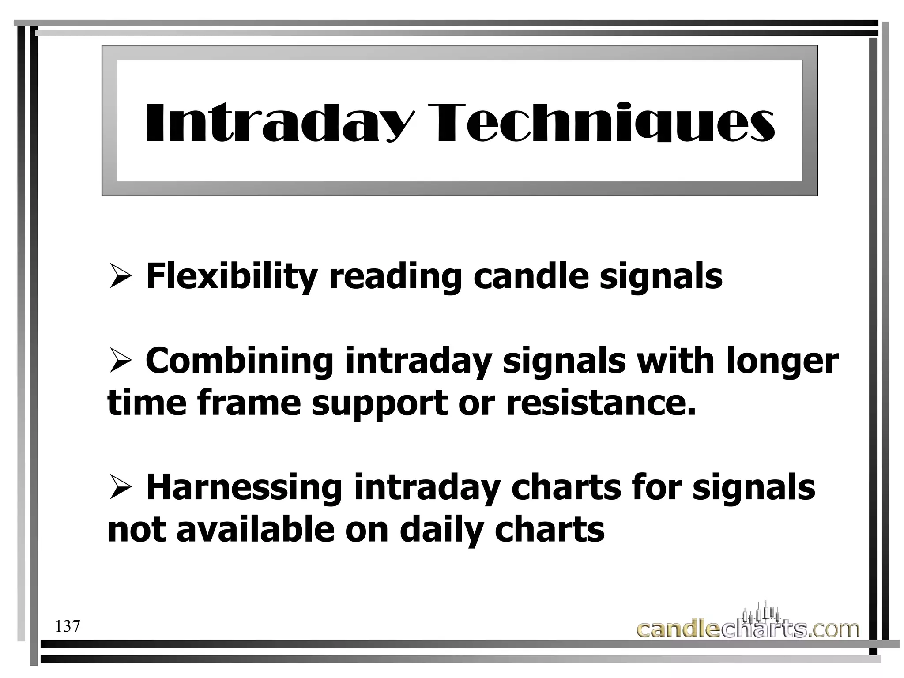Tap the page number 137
point(68,626)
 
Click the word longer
point(781,361)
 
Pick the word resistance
point(600,403)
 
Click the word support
point(380,403)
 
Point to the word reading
point(395,276)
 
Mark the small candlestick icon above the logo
point(761,612)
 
